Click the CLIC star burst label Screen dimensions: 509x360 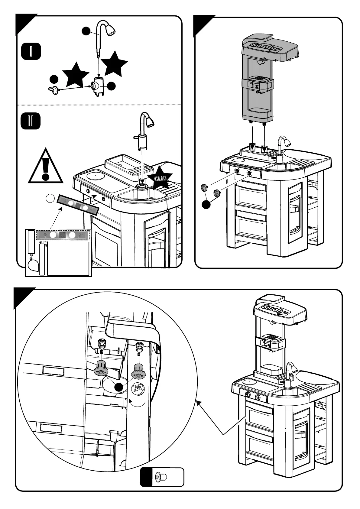coord(160,178)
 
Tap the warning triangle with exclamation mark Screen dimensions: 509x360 coord(46,167)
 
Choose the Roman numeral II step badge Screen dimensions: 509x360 coord(31,121)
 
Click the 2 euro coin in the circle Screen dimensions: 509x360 coord(138,388)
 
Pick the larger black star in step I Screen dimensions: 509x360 coord(114,64)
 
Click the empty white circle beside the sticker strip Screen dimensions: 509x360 coord(50,199)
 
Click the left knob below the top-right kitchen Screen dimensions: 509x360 coord(204,188)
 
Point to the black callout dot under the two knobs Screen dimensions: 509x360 coord(206,204)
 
